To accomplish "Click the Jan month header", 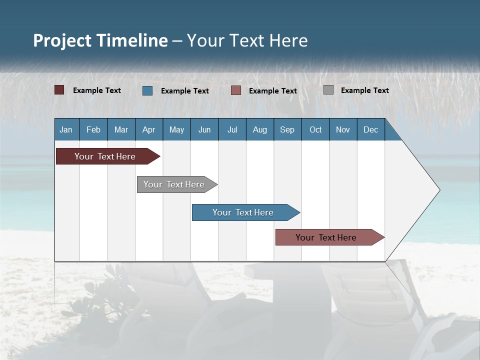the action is (x=66, y=129).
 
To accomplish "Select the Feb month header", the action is (x=93, y=129).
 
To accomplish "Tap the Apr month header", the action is (x=149, y=129).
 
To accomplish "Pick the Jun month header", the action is (x=204, y=129).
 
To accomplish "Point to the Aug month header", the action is (x=260, y=129).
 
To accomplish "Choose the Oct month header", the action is (x=315, y=129).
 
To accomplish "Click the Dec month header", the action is (x=370, y=129).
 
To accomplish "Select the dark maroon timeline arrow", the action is (x=108, y=156).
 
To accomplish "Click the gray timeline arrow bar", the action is (x=177, y=184).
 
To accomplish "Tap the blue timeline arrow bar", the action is (x=246, y=212).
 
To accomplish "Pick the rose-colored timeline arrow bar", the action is (x=330, y=237).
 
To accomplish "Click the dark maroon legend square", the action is (x=59, y=90).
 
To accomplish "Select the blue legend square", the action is (x=147, y=90).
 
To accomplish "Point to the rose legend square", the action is (x=235, y=90).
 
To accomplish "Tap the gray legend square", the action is (x=328, y=89).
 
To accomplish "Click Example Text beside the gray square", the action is (x=365, y=90).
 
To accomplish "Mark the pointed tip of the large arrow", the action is (x=440, y=190).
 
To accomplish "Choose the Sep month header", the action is (x=287, y=129).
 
